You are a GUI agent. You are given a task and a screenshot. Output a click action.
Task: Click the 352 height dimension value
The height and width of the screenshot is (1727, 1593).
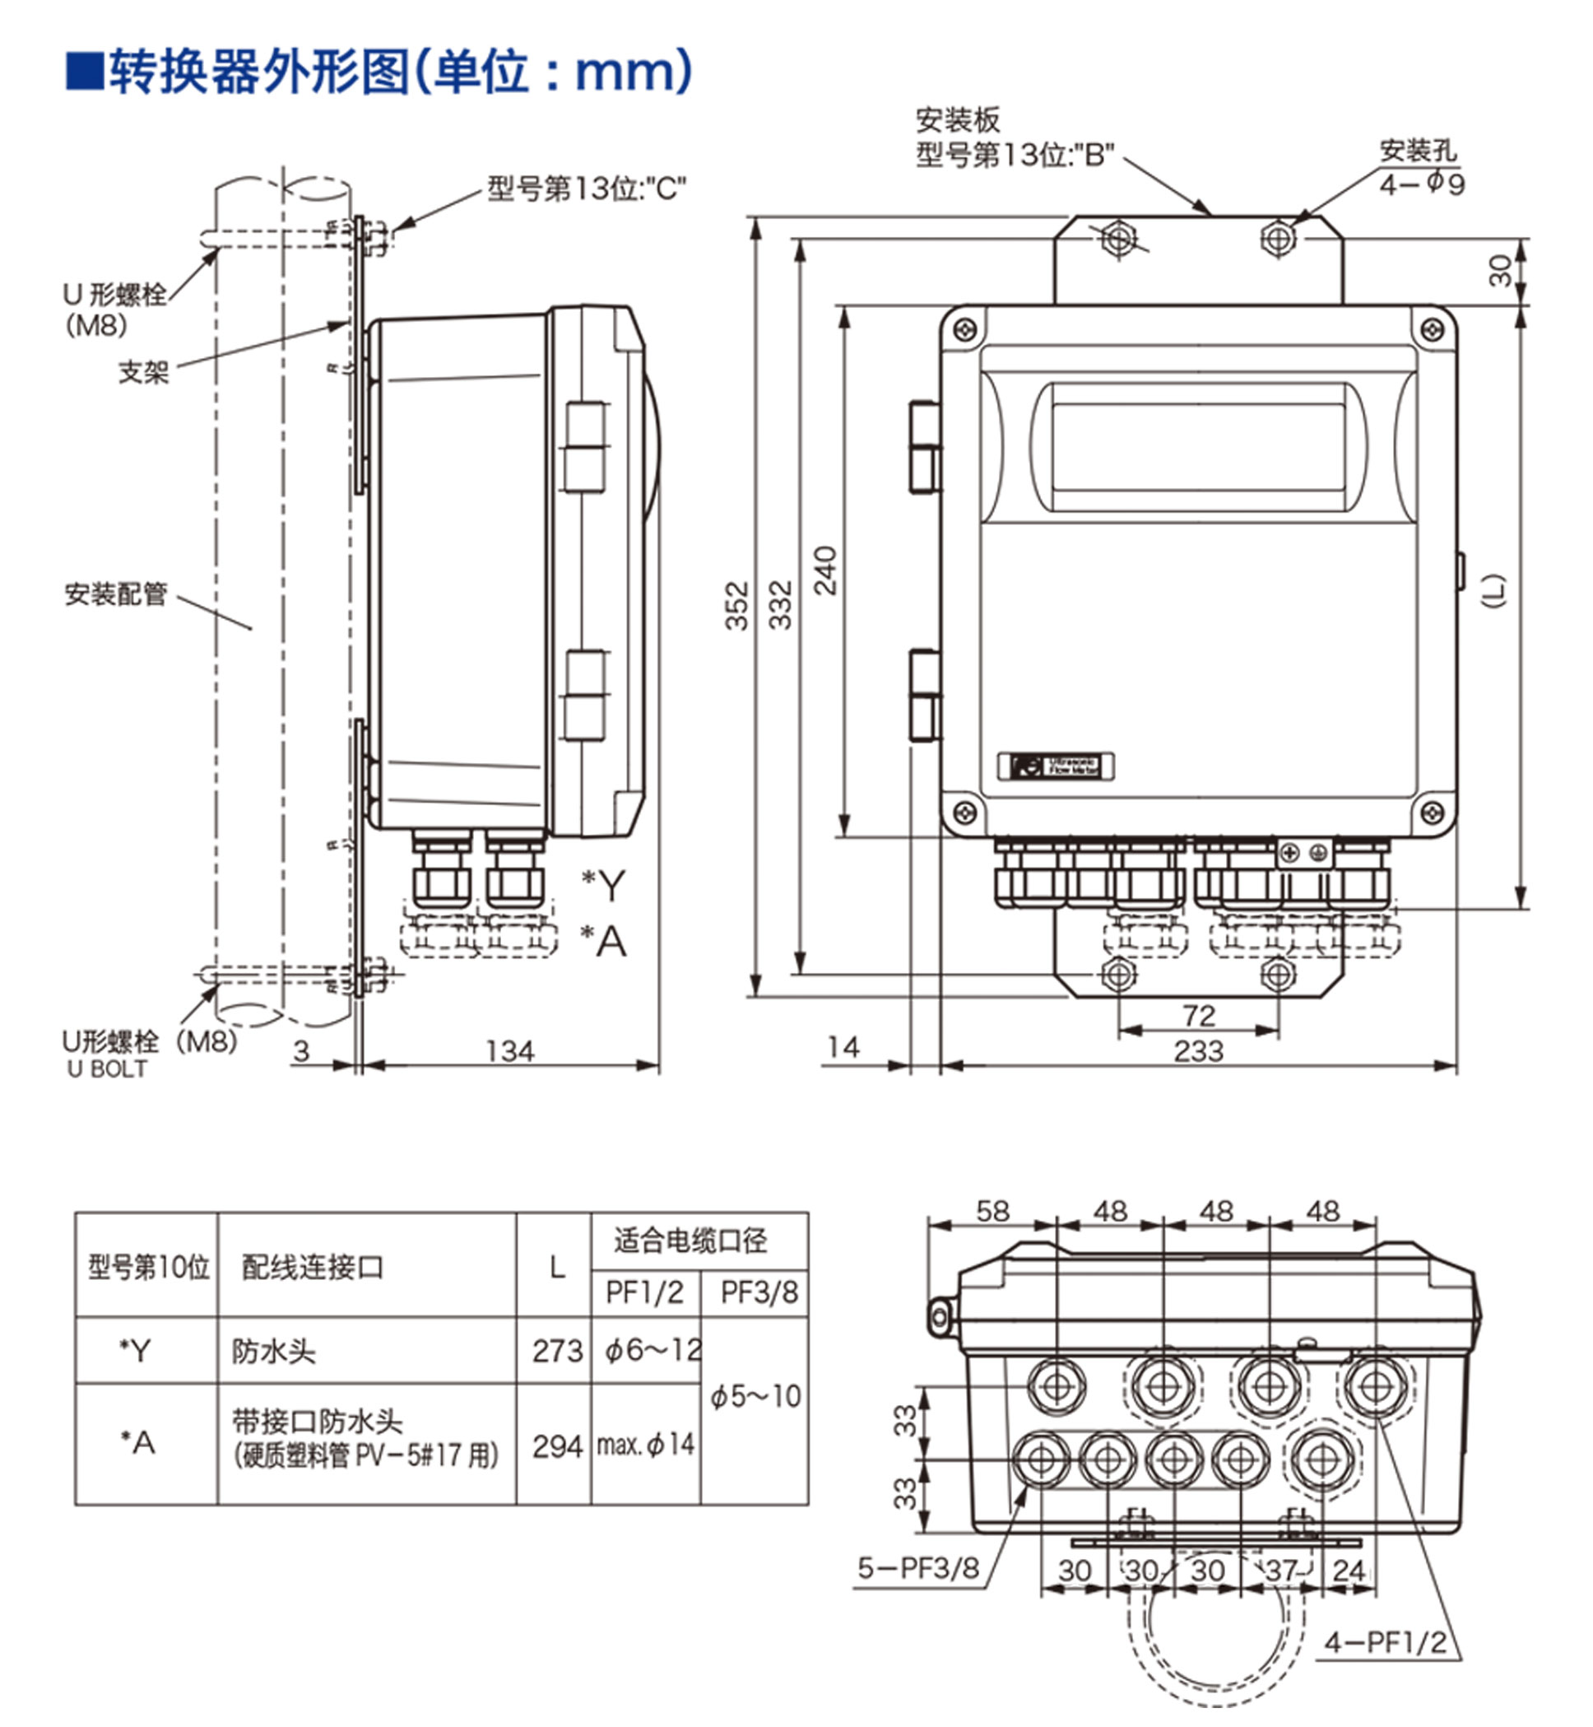[x=736, y=605]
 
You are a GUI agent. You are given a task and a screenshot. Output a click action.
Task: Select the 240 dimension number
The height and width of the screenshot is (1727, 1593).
[x=825, y=570]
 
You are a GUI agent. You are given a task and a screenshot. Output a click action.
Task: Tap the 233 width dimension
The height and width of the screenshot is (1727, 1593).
[x=1198, y=1051]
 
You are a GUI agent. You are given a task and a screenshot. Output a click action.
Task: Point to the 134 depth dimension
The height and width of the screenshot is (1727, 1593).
[x=509, y=1051]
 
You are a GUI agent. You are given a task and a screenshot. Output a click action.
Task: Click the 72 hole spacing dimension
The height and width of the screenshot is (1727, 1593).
[x=1199, y=1015]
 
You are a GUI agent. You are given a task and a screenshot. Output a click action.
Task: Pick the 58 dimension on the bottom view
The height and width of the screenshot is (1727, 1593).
[x=992, y=1212]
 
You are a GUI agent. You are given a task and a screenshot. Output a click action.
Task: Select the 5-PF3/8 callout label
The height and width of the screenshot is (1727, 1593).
[x=918, y=1568]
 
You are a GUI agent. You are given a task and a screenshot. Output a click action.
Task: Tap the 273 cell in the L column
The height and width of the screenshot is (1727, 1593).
[x=557, y=1351]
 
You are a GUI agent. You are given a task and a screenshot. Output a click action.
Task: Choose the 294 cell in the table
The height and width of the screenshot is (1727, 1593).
[x=557, y=1447]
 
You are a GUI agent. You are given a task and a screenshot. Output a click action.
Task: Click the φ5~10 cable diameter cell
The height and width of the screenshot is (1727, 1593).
[x=755, y=1397]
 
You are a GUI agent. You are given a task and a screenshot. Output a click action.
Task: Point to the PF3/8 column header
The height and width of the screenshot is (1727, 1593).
[x=759, y=1292]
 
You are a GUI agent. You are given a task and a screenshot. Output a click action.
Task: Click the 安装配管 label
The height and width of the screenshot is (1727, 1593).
[x=115, y=594]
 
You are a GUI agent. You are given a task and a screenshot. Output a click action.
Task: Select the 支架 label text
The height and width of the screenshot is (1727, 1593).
[x=143, y=372]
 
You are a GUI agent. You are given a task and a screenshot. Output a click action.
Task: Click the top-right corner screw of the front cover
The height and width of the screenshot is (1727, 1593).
[x=1432, y=329]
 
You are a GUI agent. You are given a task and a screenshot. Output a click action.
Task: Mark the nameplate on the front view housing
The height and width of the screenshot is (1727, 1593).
[x=1055, y=766]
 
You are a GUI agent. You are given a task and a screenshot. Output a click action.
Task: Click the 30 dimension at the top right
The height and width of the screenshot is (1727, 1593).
[x=1501, y=271]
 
